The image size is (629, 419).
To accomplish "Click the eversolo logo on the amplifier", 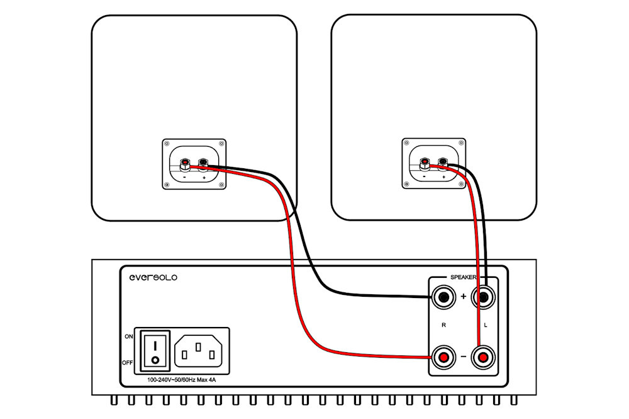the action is coord(153,277).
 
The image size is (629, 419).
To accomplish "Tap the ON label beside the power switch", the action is coord(129,336).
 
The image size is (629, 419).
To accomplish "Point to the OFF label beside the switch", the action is coord(127,363).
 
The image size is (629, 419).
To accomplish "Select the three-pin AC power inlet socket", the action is coord(198,351).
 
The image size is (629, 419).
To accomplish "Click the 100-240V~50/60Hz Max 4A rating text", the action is coord(181,380).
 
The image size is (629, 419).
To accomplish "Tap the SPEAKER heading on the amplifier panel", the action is coord(463,277).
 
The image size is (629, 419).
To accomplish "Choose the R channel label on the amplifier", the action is coord(443,325).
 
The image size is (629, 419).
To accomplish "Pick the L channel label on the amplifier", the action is coord(486,325).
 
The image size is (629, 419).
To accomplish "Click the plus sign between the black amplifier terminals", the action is coord(464,297).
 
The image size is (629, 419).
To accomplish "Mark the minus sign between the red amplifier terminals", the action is coord(464,357).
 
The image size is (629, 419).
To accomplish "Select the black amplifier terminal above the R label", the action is coord(443,297).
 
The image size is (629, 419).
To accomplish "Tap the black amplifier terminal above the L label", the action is coord(483,297).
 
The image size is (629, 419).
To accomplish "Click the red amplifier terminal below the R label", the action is coord(443,357).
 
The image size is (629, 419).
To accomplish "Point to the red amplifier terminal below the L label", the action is coord(483,357).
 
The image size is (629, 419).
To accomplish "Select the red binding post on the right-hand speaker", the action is coord(424,163).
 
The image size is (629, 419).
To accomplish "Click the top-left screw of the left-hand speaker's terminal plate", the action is coord(167,144).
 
